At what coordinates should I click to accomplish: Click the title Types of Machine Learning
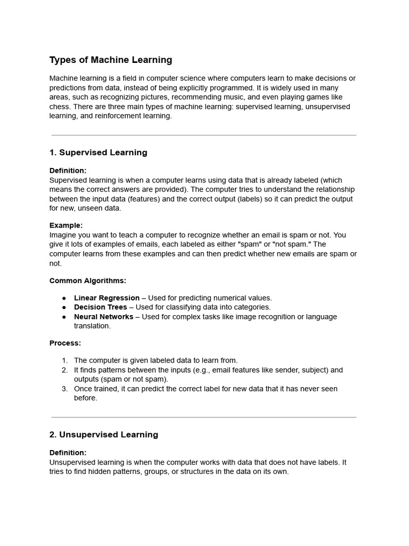pyautogui.click(x=111, y=60)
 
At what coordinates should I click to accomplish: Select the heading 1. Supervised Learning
pyautogui.click(x=98, y=152)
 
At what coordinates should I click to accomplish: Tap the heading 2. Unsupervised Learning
pyautogui.click(x=104, y=435)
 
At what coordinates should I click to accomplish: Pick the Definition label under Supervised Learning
pyautogui.click(x=68, y=171)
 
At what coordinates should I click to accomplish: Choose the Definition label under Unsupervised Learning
pyautogui.click(x=68, y=453)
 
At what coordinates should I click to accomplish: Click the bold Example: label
pyautogui.click(x=66, y=226)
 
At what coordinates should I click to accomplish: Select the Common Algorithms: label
pyautogui.click(x=88, y=280)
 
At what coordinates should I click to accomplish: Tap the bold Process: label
pyautogui.click(x=65, y=343)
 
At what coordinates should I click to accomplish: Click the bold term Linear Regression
pyautogui.click(x=107, y=298)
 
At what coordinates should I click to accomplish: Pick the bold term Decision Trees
pyautogui.click(x=101, y=307)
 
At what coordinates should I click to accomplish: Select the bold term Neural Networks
pyautogui.click(x=104, y=317)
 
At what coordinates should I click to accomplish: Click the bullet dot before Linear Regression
pyautogui.click(x=64, y=298)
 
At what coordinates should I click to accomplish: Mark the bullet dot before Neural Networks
pyautogui.click(x=64, y=317)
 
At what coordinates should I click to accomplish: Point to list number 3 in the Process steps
pyautogui.click(x=64, y=389)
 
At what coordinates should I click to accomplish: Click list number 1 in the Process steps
pyautogui.click(x=64, y=360)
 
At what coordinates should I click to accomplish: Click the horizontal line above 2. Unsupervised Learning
pyautogui.click(x=204, y=417)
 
